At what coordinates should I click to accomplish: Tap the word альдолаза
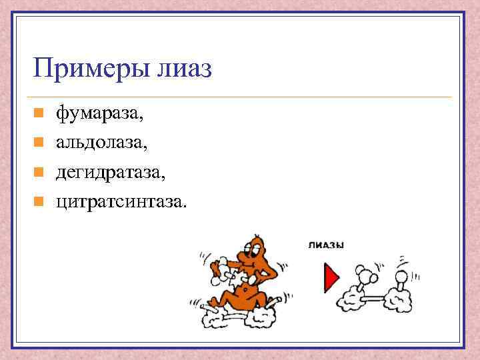[x=102, y=142]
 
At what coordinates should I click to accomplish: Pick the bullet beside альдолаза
[x=39, y=142]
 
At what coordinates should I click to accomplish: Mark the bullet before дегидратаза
[x=39, y=171]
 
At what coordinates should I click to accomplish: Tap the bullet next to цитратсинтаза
[x=39, y=201]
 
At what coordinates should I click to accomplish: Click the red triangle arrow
[x=331, y=277]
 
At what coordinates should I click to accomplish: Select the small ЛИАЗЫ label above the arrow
[x=326, y=245]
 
